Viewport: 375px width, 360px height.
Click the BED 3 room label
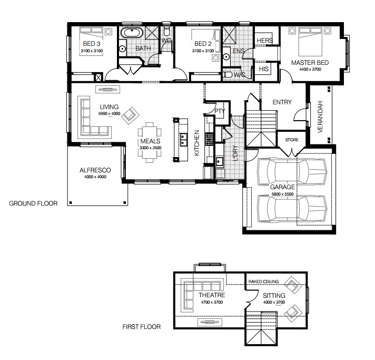click(92, 44)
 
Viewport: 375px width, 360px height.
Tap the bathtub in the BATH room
click(132, 33)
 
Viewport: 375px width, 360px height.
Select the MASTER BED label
click(310, 63)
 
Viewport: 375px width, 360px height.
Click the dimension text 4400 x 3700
click(310, 69)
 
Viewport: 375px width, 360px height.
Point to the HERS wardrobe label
click(265, 41)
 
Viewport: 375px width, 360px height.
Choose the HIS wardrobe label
click(263, 69)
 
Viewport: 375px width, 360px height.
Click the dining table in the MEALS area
click(150, 142)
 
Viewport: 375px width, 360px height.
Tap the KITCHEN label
click(196, 143)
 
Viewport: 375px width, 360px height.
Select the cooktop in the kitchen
click(209, 139)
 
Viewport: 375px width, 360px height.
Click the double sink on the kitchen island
click(183, 140)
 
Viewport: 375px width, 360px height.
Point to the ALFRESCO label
click(95, 170)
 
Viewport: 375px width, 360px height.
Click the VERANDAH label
click(320, 116)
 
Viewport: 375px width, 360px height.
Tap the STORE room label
click(292, 140)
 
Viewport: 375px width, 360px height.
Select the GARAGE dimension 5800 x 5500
click(282, 194)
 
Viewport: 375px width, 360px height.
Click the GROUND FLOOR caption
click(33, 203)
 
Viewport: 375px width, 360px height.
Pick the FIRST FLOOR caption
click(142, 327)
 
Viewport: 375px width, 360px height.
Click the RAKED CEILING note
click(263, 281)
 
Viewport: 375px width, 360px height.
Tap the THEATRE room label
click(212, 295)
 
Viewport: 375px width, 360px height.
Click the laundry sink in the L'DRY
click(219, 162)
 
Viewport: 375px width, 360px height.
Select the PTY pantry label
click(220, 111)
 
